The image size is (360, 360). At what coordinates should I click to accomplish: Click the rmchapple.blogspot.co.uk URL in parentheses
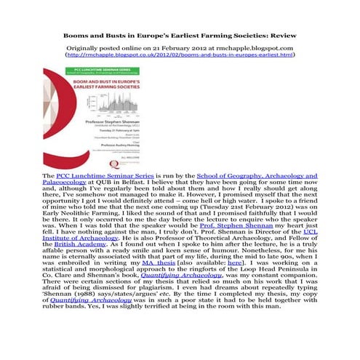(x=180, y=55)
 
